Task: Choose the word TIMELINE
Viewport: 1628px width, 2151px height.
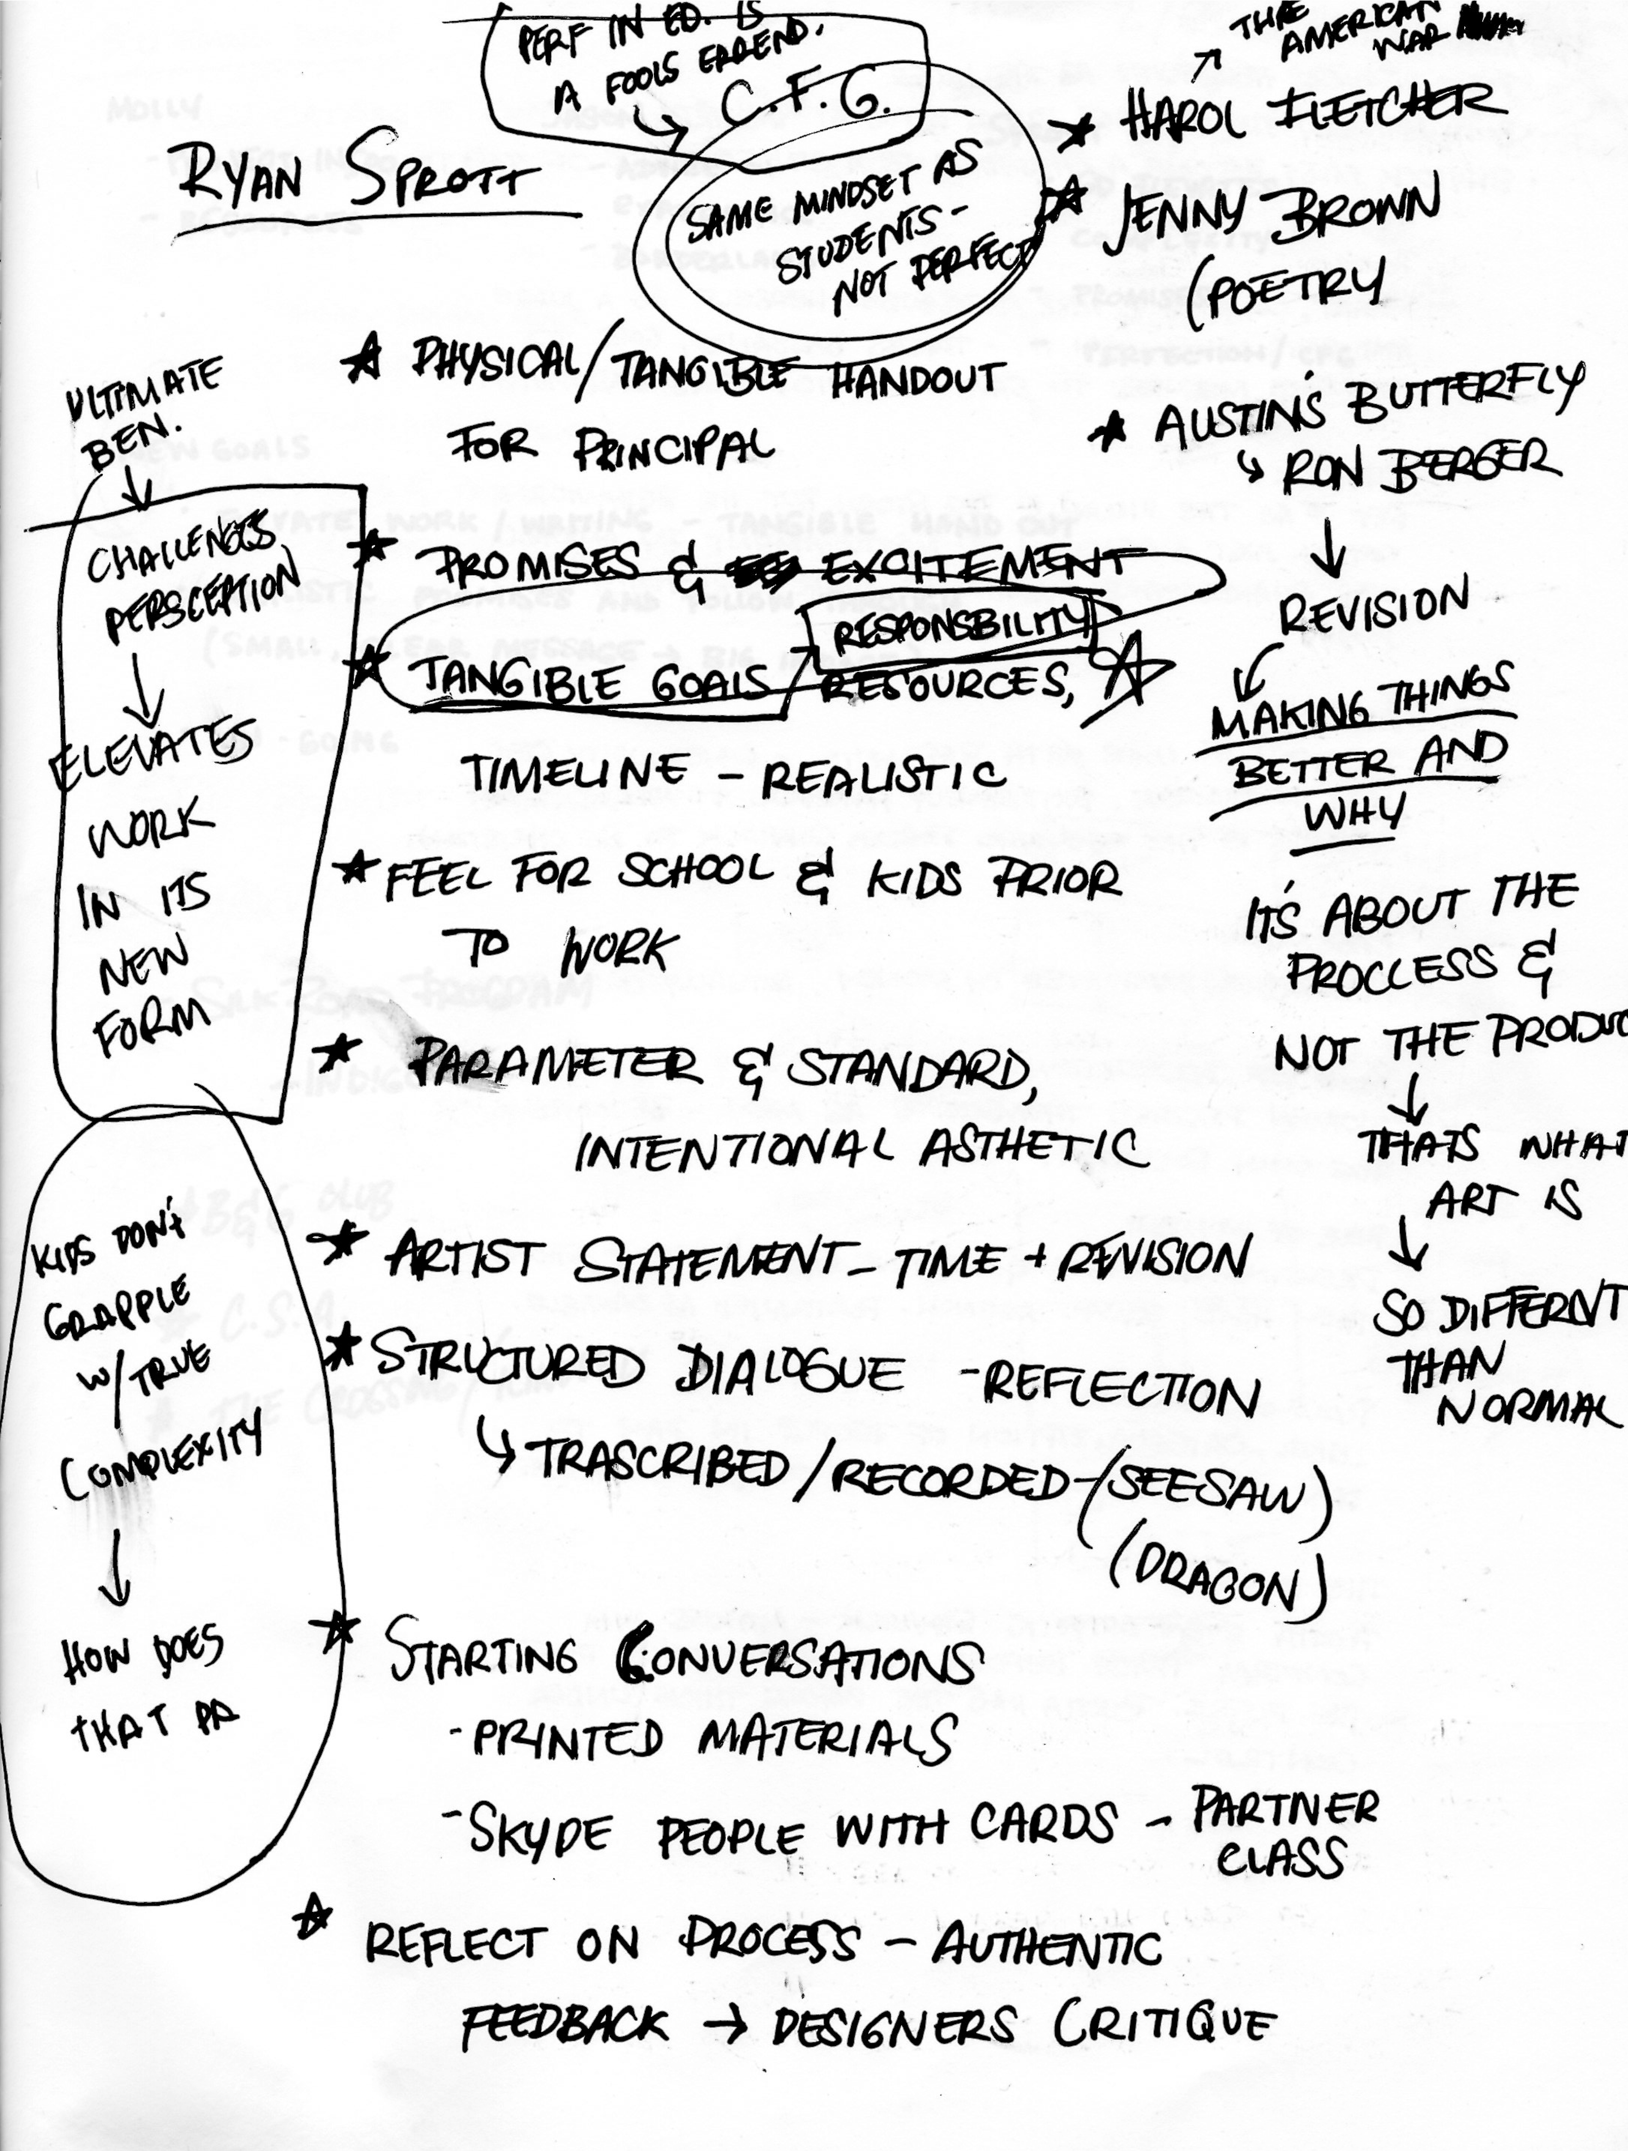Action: coord(574,773)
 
